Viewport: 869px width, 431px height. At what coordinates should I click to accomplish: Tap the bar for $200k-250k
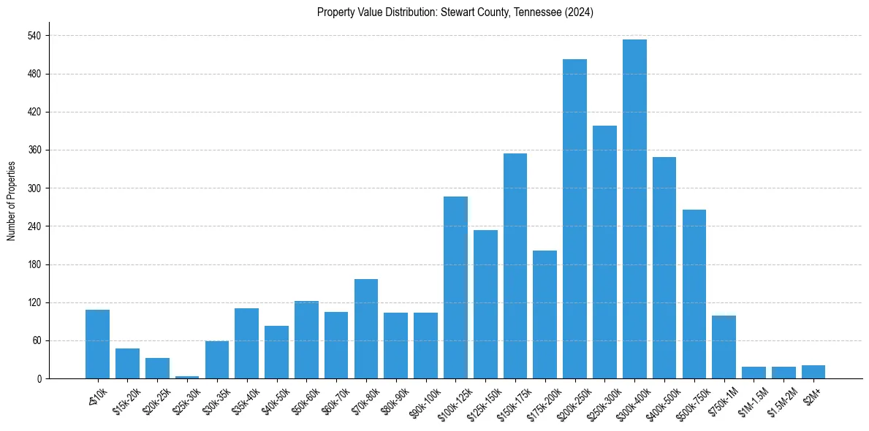pos(574,219)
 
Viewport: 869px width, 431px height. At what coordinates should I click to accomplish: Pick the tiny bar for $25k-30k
pos(187,377)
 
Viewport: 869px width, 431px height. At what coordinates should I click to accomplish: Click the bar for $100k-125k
pos(455,288)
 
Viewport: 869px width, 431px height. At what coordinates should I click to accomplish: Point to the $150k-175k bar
pos(515,266)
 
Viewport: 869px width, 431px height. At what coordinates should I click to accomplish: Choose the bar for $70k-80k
pos(366,329)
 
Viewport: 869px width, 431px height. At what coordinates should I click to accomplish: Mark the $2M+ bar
pos(813,372)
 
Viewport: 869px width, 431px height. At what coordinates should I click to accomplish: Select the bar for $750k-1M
pos(724,347)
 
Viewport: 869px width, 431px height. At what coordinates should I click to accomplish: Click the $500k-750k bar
pos(694,294)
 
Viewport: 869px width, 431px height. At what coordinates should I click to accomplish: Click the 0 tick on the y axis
pos(39,378)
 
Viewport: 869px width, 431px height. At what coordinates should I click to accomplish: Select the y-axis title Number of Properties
pos(12,201)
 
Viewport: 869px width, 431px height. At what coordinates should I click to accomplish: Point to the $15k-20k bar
pos(127,364)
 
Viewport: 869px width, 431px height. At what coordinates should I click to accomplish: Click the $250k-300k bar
pos(604,252)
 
